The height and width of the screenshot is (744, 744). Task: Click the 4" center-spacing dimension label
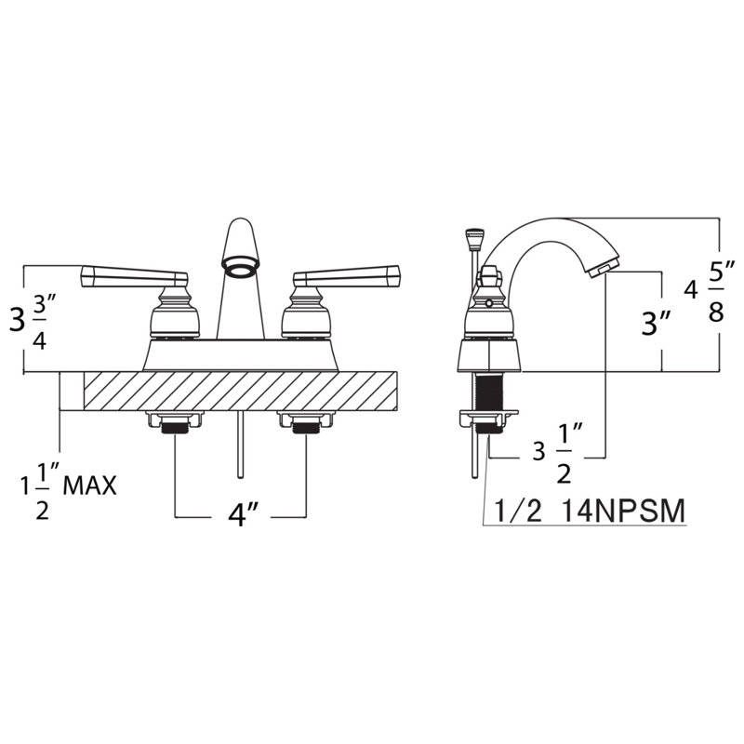[242, 514]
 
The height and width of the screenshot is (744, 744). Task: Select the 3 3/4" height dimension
[30, 320]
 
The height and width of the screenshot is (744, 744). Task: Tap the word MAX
[89, 485]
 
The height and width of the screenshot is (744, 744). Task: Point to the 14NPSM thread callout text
[624, 511]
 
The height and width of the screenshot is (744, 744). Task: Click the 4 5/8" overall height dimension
[704, 290]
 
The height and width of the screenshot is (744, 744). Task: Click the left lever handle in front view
[134, 276]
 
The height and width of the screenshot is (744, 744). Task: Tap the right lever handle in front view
[347, 276]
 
